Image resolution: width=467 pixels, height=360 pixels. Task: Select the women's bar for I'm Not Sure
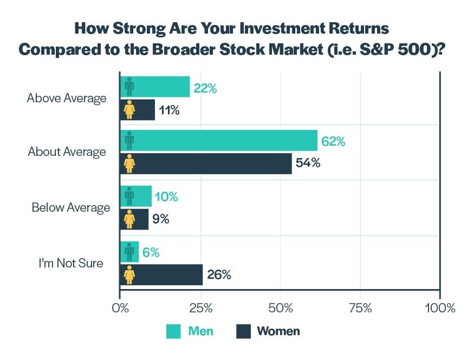tap(161, 275)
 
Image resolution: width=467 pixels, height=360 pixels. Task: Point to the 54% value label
tap(308, 163)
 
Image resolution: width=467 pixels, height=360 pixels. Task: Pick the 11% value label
tap(168, 110)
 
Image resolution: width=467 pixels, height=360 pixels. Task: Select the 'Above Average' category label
tap(67, 99)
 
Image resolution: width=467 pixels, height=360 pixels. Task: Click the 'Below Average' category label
tap(70, 208)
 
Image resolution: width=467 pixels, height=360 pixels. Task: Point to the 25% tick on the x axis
tap(200, 309)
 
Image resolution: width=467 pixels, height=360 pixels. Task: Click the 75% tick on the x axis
tap(360, 309)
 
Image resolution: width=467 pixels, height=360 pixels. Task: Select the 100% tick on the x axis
tap(440, 309)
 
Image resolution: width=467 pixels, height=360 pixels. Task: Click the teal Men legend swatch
tap(173, 331)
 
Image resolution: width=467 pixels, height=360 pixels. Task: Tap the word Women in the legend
tap(278, 331)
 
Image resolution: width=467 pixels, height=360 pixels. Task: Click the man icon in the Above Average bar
tap(129, 87)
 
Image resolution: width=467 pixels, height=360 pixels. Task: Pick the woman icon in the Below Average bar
tap(129, 219)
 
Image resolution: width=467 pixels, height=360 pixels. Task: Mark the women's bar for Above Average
tap(138, 110)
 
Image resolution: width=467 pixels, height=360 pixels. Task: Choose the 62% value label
tap(333, 142)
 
